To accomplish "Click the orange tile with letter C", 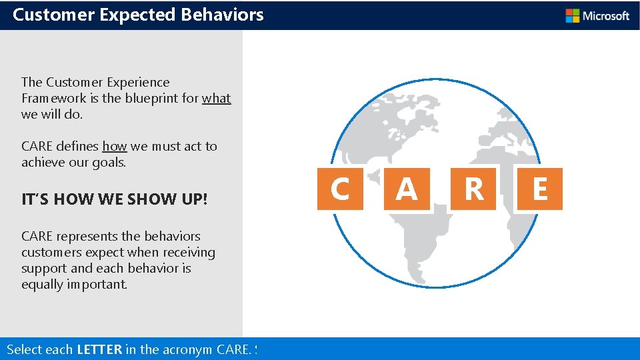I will tap(340, 189).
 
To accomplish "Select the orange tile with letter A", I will tap(407, 189).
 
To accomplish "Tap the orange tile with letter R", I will tap(473, 189).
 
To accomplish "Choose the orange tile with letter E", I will tap(540, 189).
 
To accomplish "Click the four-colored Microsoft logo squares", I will tap(572, 15).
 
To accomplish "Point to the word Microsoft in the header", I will tap(606, 15).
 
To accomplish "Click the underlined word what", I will tap(217, 99).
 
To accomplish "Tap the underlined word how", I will tap(114, 147).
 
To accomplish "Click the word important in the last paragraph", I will tap(99, 285).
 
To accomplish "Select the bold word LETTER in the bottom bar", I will tap(99, 349).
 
